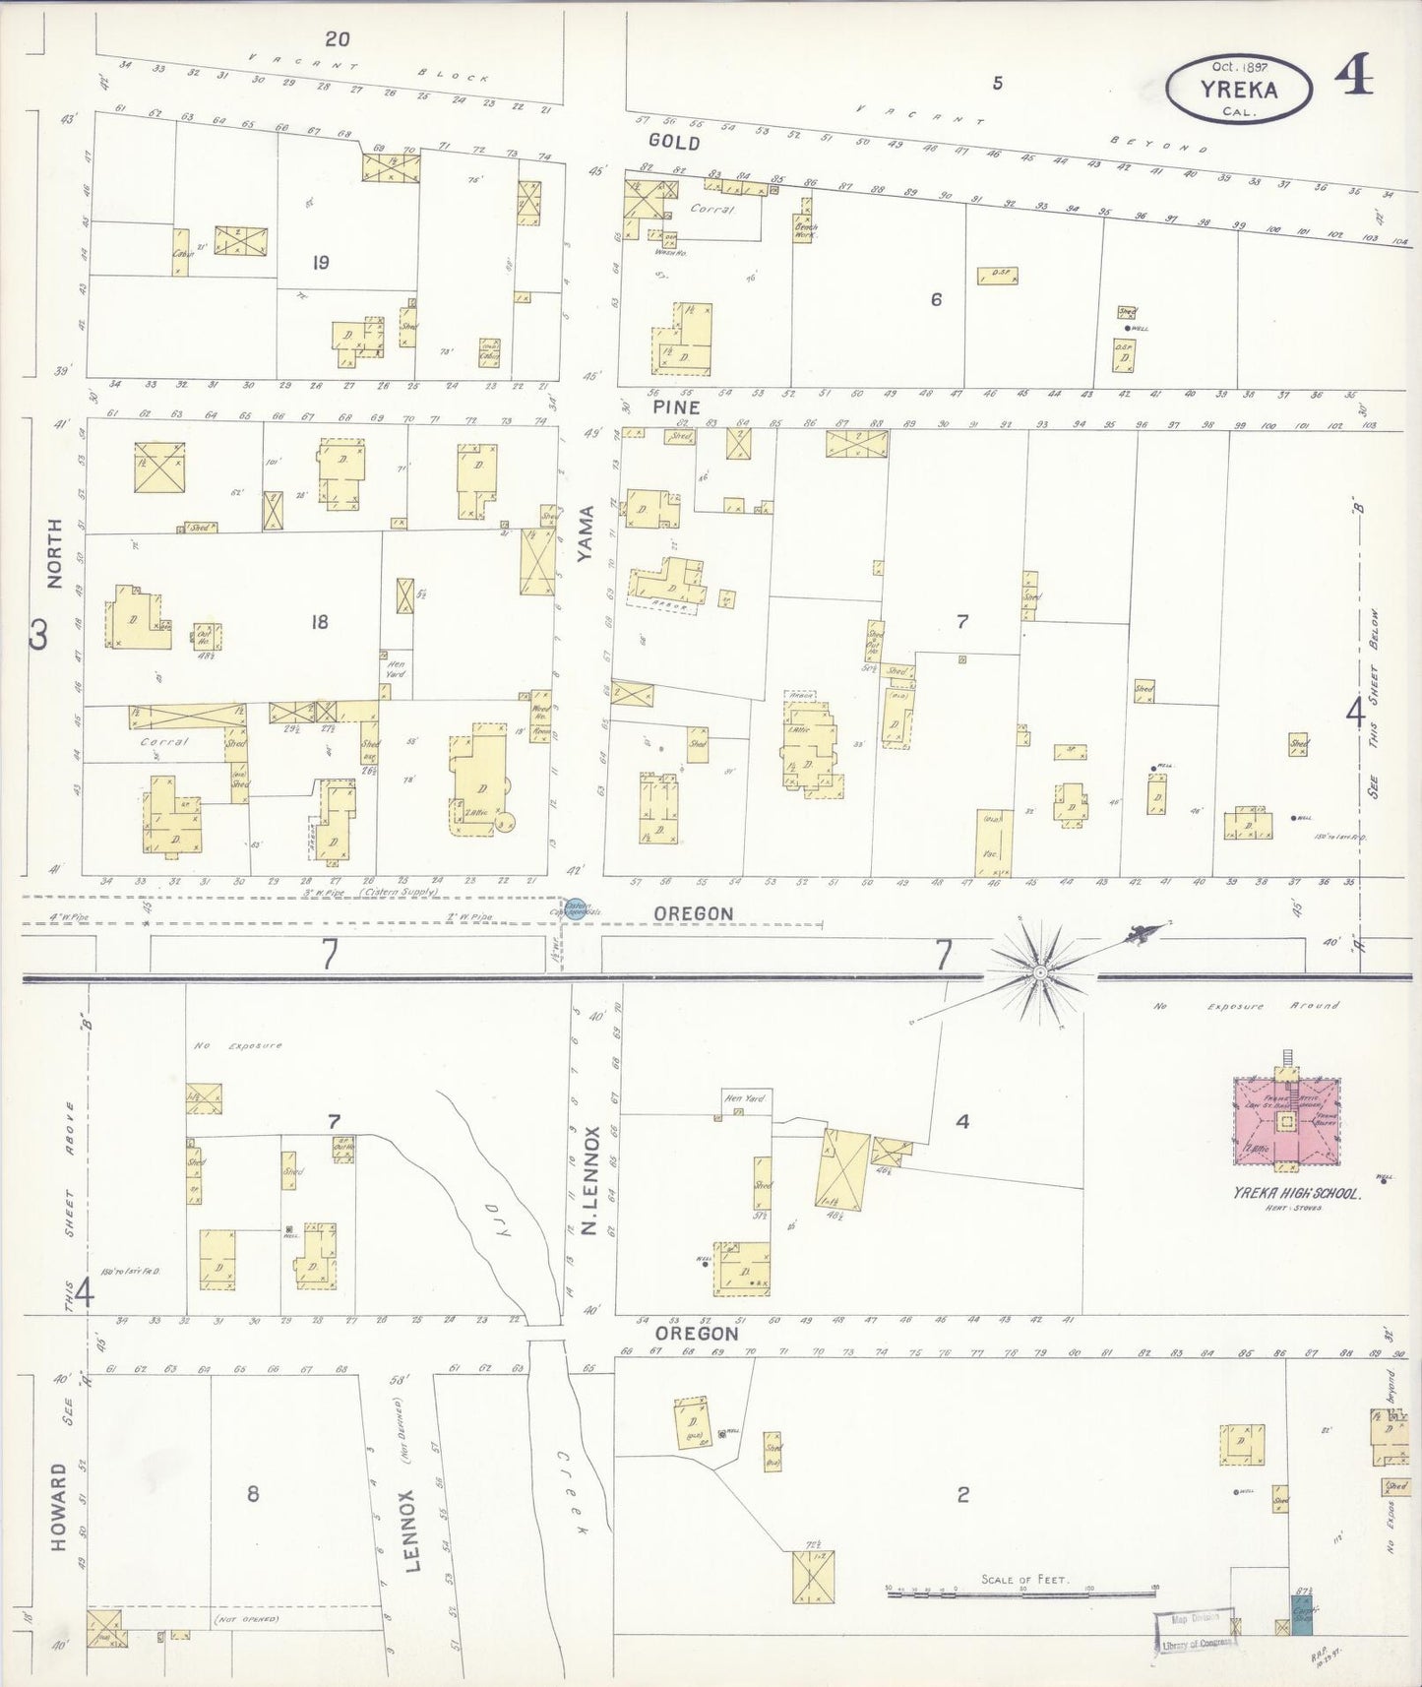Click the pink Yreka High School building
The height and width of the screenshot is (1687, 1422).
tap(1285, 1122)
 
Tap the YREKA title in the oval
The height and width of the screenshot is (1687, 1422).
tap(1238, 91)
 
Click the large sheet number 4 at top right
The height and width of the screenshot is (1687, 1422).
tap(1355, 76)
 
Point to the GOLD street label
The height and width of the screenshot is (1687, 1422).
tap(674, 143)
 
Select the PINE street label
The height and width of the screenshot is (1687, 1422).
tap(675, 407)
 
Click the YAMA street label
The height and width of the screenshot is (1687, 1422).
tap(587, 534)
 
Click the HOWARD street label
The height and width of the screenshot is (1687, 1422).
tap(59, 1506)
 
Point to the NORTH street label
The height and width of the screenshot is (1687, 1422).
tap(55, 553)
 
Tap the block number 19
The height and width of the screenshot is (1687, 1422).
tap(321, 263)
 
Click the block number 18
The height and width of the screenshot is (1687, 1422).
tap(319, 622)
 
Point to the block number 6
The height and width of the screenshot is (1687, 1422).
tap(936, 299)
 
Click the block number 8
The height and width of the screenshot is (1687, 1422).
tap(253, 1493)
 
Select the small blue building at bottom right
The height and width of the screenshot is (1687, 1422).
tap(1302, 1614)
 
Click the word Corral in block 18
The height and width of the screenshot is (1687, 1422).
tap(163, 742)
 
